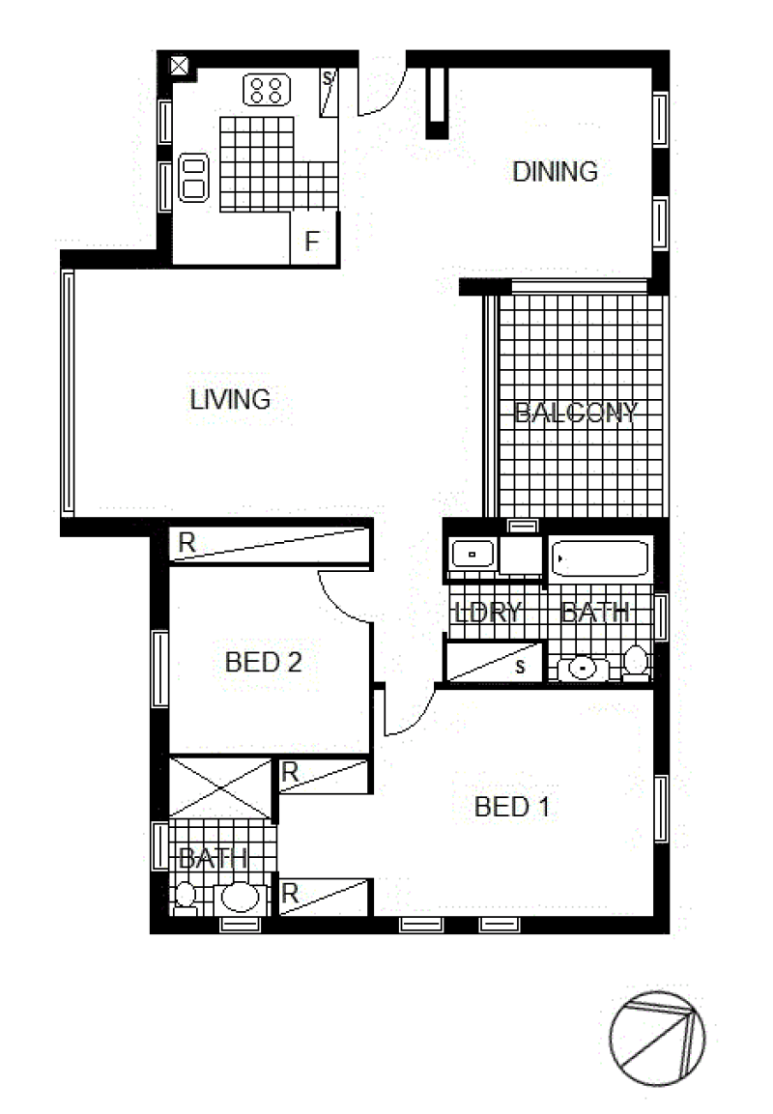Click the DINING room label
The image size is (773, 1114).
[555, 172]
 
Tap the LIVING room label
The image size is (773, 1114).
[230, 399]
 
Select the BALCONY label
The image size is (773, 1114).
[576, 412]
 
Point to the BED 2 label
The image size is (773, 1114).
[264, 662]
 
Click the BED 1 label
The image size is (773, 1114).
[511, 807]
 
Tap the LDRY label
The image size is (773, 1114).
[487, 612]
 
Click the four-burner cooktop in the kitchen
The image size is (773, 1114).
[267, 90]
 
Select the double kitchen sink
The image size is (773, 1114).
[193, 178]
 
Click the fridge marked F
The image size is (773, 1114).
[313, 238]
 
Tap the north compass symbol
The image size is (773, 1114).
[657, 1038]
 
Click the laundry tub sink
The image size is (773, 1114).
[472, 554]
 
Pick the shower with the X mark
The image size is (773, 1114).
[220, 787]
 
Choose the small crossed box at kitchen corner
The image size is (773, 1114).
[180, 66]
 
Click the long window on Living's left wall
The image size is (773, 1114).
[69, 393]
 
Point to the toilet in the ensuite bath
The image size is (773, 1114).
[186, 897]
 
